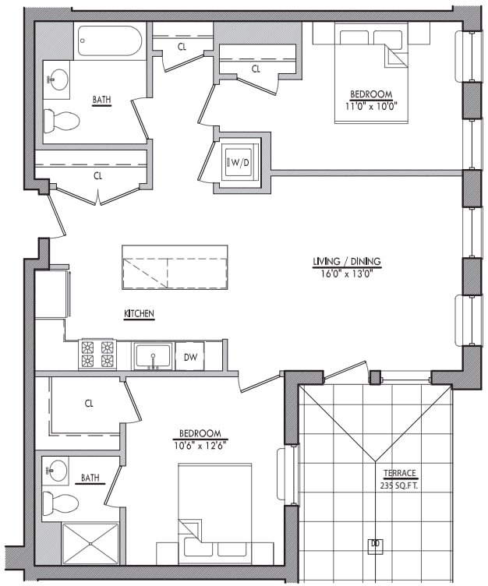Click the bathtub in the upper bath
click(x=109, y=41)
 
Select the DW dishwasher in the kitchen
click(x=189, y=356)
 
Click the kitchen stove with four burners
click(x=97, y=355)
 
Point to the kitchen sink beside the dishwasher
click(x=153, y=356)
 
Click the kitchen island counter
click(x=175, y=267)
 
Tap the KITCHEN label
click(x=139, y=314)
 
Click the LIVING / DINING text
click(x=346, y=262)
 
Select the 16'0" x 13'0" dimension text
click(x=346, y=274)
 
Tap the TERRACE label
click(x=399, y=473)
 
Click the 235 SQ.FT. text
click(x=399, y=485)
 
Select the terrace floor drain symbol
click(x=375, y=543)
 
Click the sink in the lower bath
click(x=56, y=470)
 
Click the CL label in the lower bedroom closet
click(x=89, y=404)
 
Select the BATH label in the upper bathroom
click(x=101, y=100)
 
